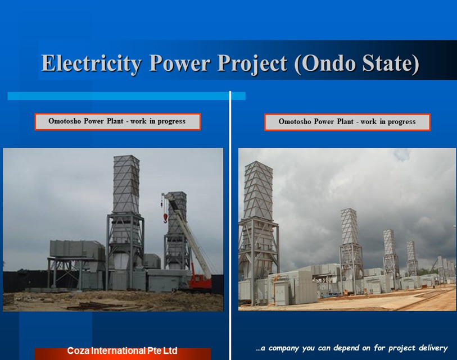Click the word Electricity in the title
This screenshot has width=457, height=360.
[x=92, y=63]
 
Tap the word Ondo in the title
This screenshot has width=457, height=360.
[x=328, y=63]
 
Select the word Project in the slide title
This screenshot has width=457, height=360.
[x=252, y=63]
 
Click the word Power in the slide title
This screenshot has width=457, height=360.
[x=179, y=63]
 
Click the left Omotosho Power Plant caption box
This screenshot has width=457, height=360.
[x=117, y=121]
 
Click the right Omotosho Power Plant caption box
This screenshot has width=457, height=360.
[x=347, y=122]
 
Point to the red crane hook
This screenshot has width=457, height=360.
[x=165, y=218]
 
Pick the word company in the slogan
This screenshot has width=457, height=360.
[x=284, y=349]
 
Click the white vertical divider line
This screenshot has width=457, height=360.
[x=230, y=225]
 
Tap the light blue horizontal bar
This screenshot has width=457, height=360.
[x=126, y=96]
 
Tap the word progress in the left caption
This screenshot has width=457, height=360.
[x=171, y=121]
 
